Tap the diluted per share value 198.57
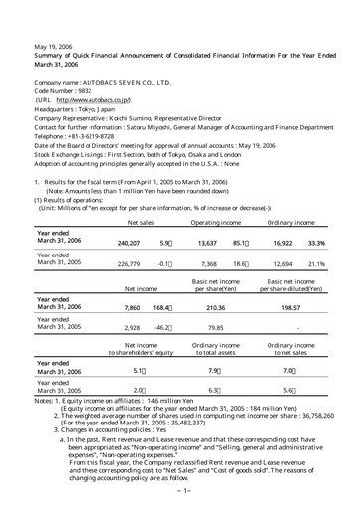click(x=289, y=309)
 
